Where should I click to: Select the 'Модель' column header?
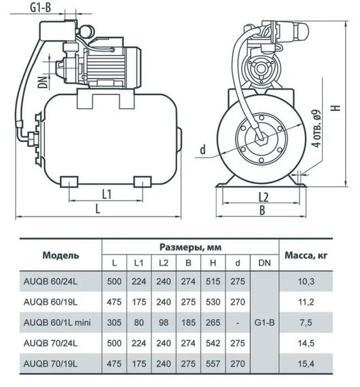[60, 255]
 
